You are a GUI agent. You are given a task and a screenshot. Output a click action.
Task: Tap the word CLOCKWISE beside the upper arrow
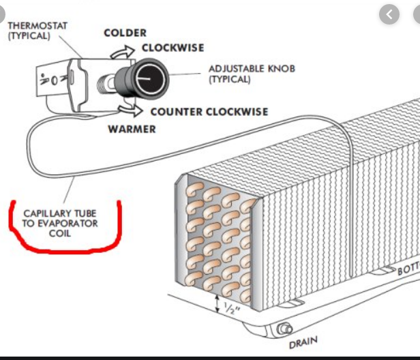[x=173, y=48]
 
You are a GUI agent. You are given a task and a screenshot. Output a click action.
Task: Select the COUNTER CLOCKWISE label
[x=209, y=112]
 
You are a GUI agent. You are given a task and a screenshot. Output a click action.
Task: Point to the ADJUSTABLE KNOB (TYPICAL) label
[x=242, y=74]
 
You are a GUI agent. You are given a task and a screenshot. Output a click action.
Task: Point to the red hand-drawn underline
[x=65, y=242]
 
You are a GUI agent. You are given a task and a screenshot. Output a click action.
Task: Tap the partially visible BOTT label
[x=408, y=269]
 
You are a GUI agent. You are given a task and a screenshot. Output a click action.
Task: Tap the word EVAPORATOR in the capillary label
[x=69, y=223]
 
